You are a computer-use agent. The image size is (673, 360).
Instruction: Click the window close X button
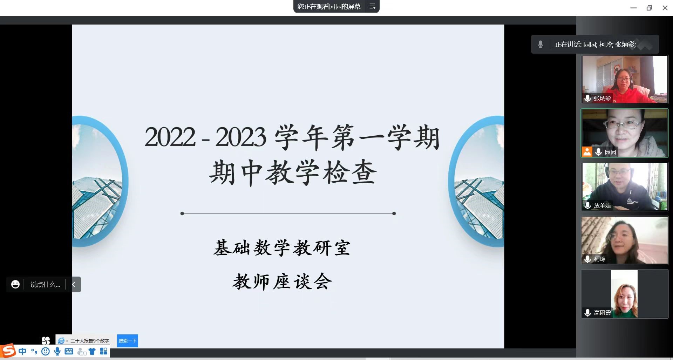[x=665, y=8]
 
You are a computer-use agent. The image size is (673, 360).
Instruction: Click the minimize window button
[x=633, y=8]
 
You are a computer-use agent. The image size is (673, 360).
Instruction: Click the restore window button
[x=649, y=8]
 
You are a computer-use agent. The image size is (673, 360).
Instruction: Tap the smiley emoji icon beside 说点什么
[x=15, y=284]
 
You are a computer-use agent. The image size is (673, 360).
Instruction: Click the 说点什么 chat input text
[x=45, y=285]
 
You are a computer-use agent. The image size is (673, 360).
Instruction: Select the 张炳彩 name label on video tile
[x=602, y=98]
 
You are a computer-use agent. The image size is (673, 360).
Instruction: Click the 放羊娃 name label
[x=602, y=205]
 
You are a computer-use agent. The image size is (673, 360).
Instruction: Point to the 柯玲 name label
[x=599, y=259]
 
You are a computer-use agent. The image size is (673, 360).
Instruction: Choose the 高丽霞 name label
[x=602, y=313]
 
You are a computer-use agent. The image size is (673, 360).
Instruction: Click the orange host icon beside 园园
[x=587, y=152]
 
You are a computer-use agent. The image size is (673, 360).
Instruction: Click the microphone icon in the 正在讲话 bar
[x=541, y=44]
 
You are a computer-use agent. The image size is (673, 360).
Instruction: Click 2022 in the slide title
[x=170, y=137]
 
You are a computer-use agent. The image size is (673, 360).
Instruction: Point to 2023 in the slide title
[x=241, y=137]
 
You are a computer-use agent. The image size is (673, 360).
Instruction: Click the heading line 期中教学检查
[x=293, y=172]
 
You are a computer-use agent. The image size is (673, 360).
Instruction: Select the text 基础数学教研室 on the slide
[x=282, y=248]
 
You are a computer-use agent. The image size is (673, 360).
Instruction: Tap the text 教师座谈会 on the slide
[x=282, y=281]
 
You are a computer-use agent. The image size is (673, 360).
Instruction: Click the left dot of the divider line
[x=182, y=213]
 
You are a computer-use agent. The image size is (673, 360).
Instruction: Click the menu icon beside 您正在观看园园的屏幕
[x=372, y=6]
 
